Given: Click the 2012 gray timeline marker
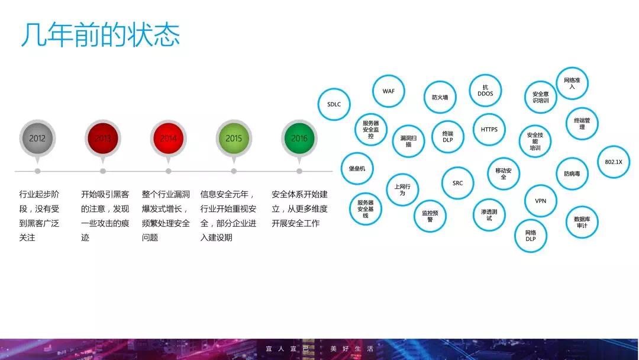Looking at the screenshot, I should click(37, 139).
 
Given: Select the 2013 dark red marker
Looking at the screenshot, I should click(103, 139).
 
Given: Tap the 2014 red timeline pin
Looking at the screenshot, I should click(169, 139).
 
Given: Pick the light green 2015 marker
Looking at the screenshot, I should click(234, 139).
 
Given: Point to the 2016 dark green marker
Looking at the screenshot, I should click(299, 139).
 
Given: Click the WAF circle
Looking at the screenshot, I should click(388, 91).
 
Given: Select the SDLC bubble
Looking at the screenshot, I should click(334, 104).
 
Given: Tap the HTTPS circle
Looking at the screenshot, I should click(489, 129).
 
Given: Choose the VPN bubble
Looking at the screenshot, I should click(541, 201).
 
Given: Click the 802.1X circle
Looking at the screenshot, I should click(614, 162).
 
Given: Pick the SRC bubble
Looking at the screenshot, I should click(458, 183).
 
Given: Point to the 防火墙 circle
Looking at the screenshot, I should click(440, 98).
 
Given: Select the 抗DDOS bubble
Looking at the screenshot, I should click(485, 91).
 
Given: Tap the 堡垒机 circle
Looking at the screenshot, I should click(357, 168).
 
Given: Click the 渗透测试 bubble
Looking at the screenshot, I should click(489, 215).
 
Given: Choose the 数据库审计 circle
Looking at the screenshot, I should click(582, 222).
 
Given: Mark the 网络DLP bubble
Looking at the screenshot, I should click(531, 236).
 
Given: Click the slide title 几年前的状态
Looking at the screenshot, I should click(100, 35).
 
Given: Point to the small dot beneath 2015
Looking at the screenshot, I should click(234, 171).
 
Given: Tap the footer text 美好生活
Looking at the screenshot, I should click(351, 349).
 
